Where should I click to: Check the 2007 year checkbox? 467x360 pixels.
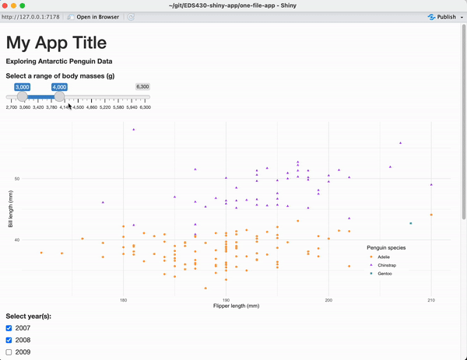9,328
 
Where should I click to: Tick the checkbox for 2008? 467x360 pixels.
9,340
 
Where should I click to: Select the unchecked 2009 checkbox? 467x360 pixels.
9,352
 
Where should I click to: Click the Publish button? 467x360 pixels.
442,16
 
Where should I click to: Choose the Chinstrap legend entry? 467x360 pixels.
387,265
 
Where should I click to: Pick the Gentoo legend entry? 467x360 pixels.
384,274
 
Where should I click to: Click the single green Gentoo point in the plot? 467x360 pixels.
411,223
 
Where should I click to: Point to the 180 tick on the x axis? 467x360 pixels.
123,299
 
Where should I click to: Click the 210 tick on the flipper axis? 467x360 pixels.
431,299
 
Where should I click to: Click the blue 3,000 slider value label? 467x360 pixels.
22,87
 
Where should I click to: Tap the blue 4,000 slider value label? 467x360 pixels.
59,87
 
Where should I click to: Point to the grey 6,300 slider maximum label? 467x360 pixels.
142,87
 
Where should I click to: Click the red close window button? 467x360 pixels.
6,5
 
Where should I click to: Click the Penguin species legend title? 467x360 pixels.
386,247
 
